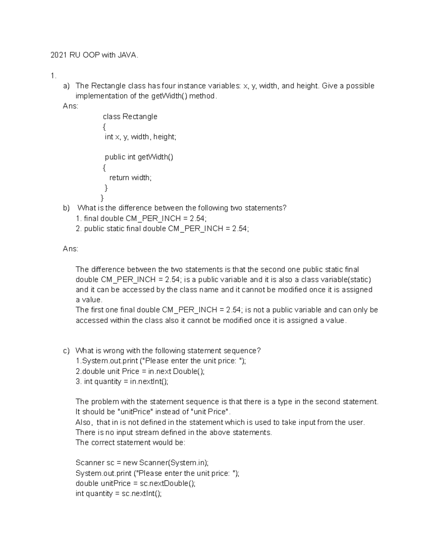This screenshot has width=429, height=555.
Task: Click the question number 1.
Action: pyautogui.click(x=53, y=75)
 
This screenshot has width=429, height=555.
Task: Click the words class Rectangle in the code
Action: pyautogui.click(x=130, y=117)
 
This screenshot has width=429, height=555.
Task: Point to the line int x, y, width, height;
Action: pyautogui.click(x=140, y=137)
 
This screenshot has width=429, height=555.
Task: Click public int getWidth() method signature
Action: pyautogui.click(x=139, y=157)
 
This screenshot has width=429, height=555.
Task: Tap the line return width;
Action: pyautogui.click(x=130, y=178)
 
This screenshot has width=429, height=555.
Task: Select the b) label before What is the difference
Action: pyautogui.click(x=66, y=208)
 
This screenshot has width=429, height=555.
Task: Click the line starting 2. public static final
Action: pyautogui.click(x=162, y=228)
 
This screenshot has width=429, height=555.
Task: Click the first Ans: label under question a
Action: pyautogui.click(x=70, y=106)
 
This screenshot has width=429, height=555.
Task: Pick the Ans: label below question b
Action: pyautogui.click(x=70, y=249)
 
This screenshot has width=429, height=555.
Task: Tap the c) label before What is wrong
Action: pyautogui.click(x=66, y=351)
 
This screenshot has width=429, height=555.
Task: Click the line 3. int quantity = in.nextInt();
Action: pyautogui.click(x=122, y=381)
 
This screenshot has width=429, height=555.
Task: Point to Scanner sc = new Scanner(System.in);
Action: pyautogui.click(x=142, y=463)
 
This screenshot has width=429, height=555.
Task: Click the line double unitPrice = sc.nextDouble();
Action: pyautogui.click(x=135, y=483)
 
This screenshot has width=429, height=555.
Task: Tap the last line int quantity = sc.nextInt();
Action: pyautogui.click(x=118, y=494)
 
